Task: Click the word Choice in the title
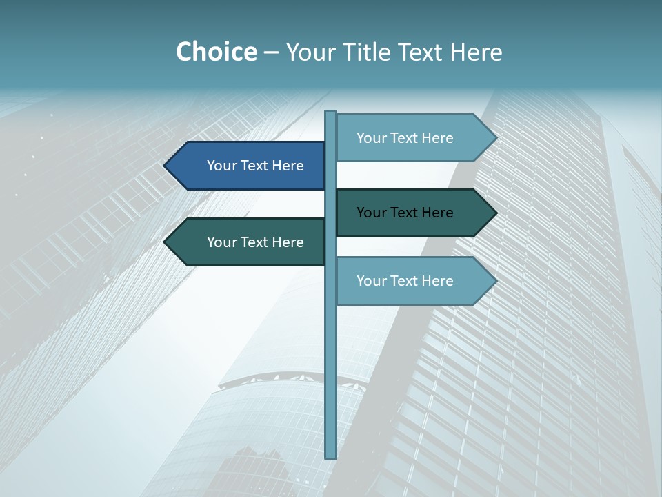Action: click(x=216, y=52)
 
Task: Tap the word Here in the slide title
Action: click(x=476, y=52)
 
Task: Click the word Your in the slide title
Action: click(x=308, y=52)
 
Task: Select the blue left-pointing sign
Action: click(x=248, y=166)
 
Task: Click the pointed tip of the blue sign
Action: click(x=166, y=166)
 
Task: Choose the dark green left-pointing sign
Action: click(x=248, y=242)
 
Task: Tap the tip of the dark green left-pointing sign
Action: click(x=166, y=242)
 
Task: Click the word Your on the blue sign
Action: click(x=221, y=166)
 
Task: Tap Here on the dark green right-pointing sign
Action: click(x=436, y=213)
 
